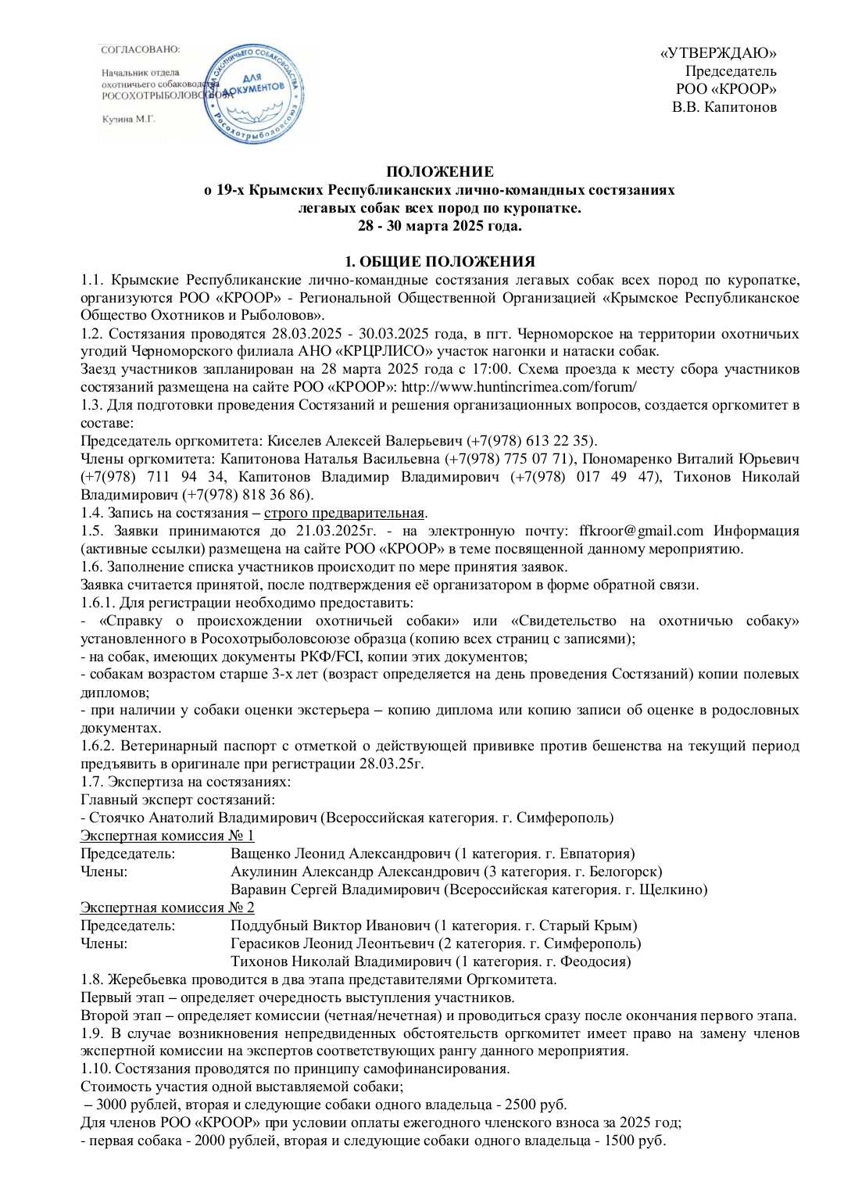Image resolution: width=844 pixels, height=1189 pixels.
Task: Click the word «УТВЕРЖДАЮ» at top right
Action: [x=718, y=53]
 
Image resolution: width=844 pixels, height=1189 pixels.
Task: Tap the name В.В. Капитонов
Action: [x=724, y=107]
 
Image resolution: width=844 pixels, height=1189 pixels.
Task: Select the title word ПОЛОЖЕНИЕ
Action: [x=441, y=172]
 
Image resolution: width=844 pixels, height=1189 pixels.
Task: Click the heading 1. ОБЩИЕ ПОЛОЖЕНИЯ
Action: [x=441, y=262]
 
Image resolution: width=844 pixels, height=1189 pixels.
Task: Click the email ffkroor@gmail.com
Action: [x=641, y=531]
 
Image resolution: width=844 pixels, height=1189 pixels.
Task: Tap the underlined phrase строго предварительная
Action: [x=344, y=513]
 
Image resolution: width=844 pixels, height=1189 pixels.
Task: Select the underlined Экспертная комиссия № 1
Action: [x=167, y=836]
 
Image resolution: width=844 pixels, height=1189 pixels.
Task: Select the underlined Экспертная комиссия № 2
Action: [x=167, y=908]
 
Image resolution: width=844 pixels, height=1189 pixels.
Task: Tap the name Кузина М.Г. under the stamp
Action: [x=129, y=120]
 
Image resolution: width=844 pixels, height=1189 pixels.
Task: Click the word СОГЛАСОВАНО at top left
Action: [x=141, y=48]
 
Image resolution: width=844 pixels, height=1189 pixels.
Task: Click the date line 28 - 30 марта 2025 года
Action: [x=441, y=226]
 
